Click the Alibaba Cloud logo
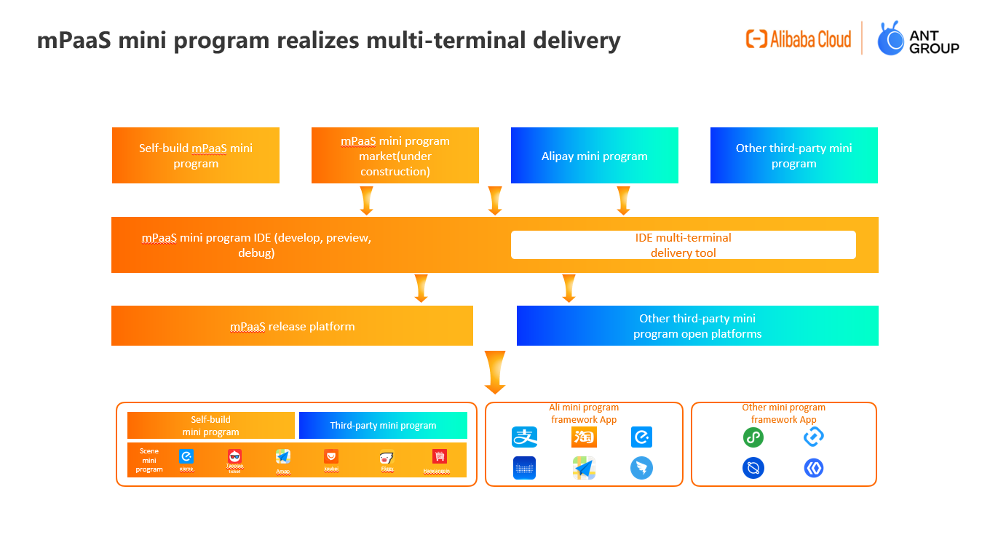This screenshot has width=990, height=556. pos(799,39)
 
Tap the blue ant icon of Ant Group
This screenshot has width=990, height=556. pos(890,39)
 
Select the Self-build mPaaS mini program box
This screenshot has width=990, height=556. pos(196,156)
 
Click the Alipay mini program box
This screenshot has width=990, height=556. pos(595,156)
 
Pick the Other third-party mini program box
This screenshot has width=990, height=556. pos(794,156)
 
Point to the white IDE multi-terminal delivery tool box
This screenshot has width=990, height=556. pos(683,245)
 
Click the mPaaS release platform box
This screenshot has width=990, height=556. pos(292,326)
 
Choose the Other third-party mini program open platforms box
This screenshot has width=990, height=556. pos(697,326)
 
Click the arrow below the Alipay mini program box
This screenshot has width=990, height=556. pos(623,200)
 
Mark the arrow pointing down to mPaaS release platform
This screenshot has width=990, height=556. pos(421,288)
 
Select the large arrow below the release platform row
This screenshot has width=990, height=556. pos(494,372)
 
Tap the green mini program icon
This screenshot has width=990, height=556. pos(753,437)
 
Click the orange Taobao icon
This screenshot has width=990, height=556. pos(584,437)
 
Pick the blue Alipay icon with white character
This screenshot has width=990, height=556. pos(524,437)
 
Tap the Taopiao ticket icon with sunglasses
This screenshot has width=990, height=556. pos(234,457)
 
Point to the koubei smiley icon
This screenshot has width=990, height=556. pos(331,456)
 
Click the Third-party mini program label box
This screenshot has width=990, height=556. pos(383,426)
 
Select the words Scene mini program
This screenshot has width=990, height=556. pos(149,460)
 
